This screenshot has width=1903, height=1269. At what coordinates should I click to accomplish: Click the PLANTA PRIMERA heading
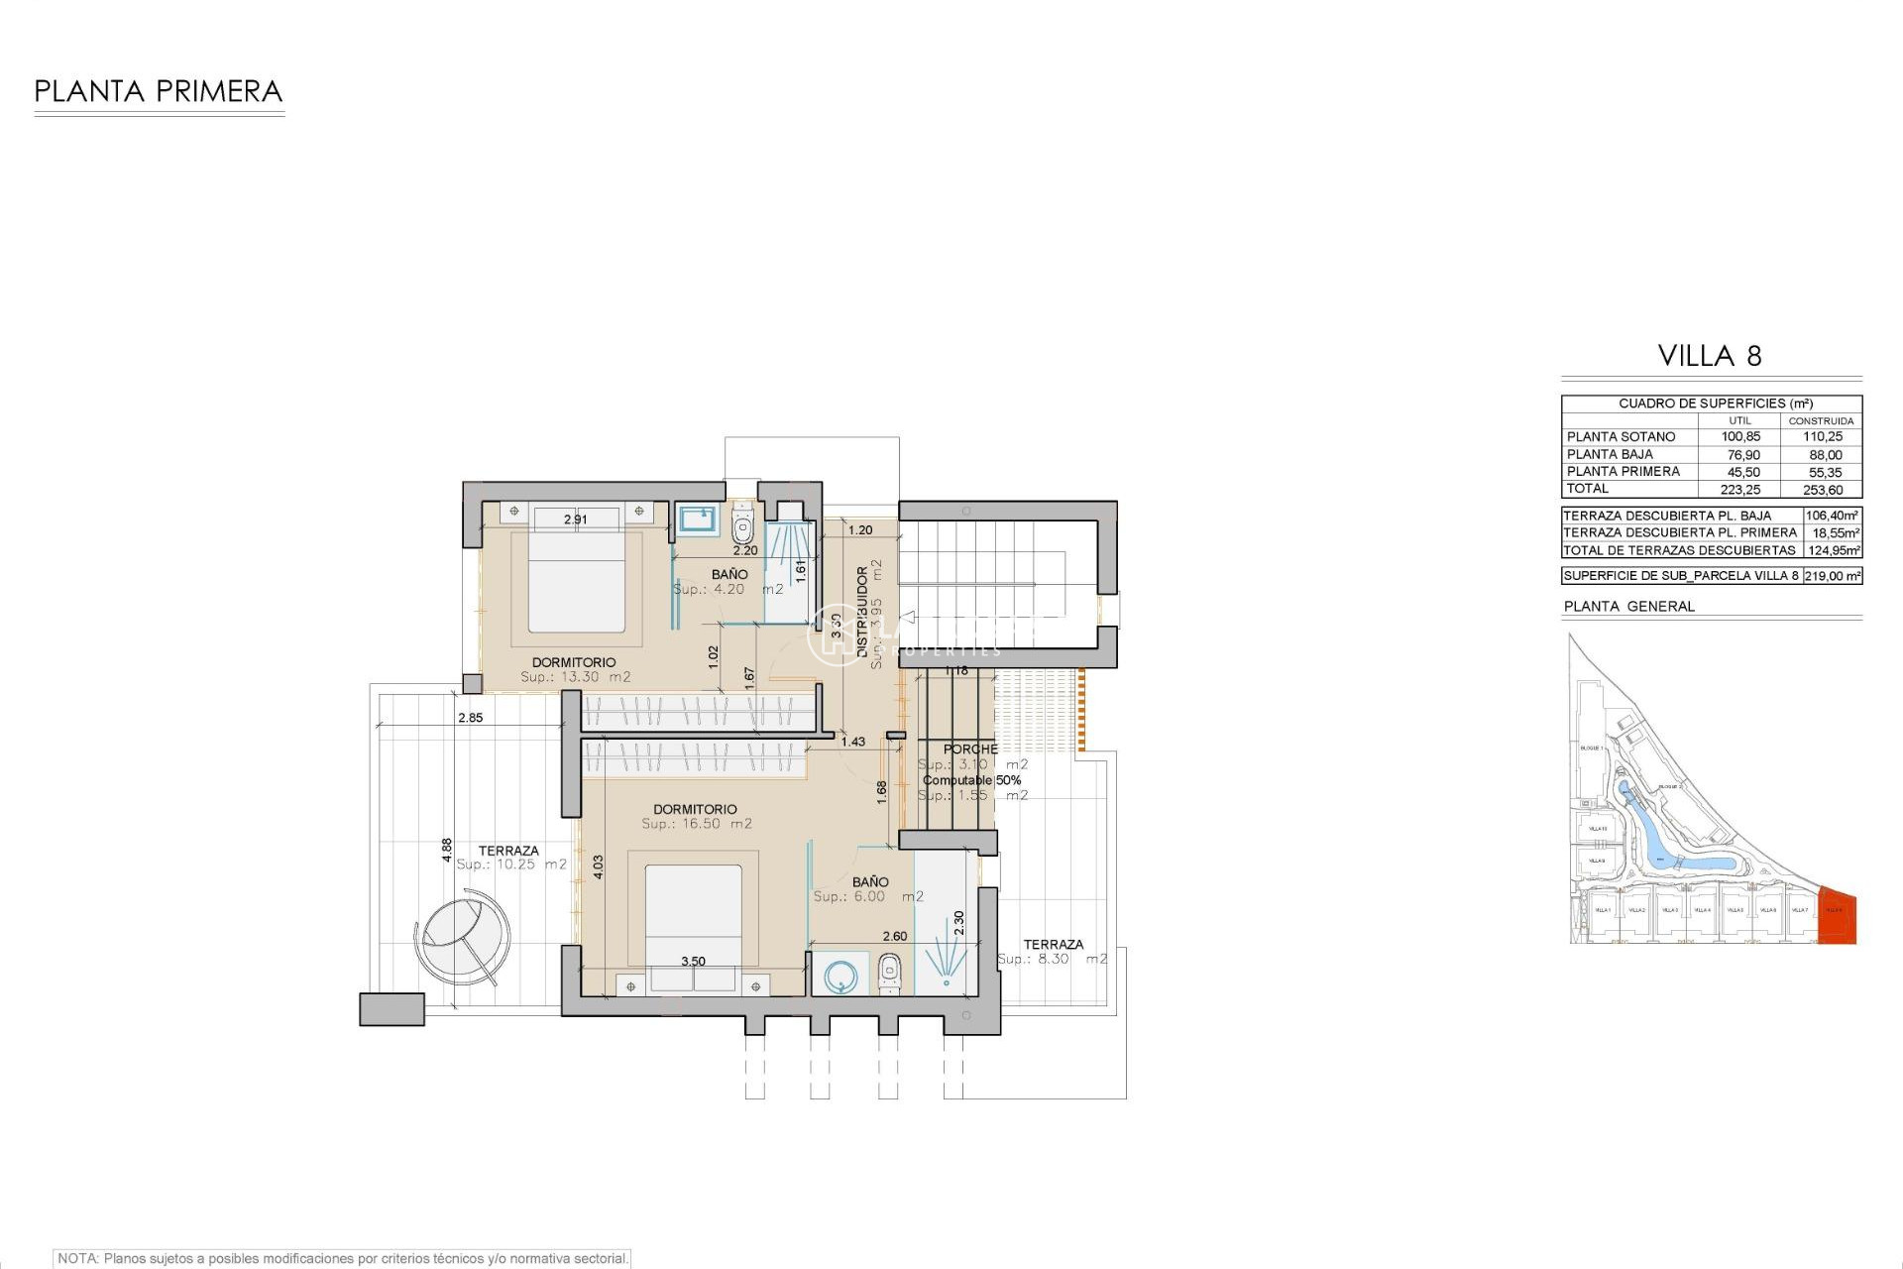159,92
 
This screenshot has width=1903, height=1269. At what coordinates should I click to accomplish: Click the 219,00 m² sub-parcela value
1833,576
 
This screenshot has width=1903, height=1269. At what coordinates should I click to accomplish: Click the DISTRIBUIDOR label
861,611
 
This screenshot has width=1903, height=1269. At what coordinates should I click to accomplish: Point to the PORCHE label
970,750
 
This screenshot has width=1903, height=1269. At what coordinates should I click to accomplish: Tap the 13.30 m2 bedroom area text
575,678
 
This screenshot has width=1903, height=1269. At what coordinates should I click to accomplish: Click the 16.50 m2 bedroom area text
696,824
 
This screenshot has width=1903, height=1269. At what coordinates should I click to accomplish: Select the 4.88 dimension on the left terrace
447,851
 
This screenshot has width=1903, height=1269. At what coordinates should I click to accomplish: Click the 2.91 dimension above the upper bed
575,519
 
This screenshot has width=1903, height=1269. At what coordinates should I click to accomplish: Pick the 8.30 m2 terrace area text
1052,960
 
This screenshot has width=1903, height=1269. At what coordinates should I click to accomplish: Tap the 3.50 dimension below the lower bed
693,962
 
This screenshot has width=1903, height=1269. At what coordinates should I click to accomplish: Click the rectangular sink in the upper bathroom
698,519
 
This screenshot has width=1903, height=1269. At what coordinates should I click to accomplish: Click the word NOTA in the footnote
77,1259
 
